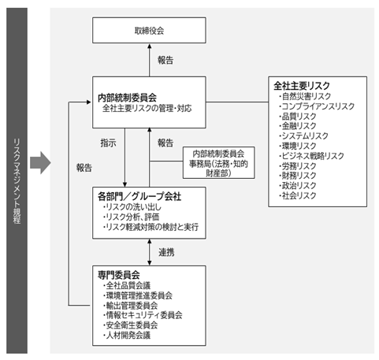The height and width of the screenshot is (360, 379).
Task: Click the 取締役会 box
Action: tap(149, 30)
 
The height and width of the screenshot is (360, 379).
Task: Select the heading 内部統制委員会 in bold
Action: tap(127, 98)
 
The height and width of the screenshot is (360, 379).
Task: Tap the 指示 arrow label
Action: tap(108, 143)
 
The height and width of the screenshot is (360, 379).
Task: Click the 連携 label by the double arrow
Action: tap(166, 252)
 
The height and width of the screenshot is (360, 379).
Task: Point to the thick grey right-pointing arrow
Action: tap(40, 162)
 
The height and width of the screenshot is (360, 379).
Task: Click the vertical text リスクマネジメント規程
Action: tap(17, 181)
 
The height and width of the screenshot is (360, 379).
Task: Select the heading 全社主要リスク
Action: tap(302, 86)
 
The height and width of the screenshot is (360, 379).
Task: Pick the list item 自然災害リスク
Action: tap(305, 96)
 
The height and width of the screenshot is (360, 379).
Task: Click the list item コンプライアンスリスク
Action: tap(317, 106)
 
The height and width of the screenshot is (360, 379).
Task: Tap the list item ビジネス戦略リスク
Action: tap(311, 156)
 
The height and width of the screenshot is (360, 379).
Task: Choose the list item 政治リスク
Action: tap(297, 186)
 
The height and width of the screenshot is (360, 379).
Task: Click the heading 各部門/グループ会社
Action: tap(139, 196)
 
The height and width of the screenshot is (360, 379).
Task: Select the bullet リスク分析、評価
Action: tap(132, 217)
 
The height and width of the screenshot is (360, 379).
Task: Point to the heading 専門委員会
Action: tap(119, 275)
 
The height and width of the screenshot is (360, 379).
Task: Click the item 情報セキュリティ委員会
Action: tap(143, 315)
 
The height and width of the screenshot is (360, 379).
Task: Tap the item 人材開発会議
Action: tap(127, 336)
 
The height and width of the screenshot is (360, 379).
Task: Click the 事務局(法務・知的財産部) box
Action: tap(219, 163)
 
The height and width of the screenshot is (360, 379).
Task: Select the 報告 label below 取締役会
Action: tap(165, 60)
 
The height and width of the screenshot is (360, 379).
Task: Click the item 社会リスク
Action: tap(297, 195)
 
